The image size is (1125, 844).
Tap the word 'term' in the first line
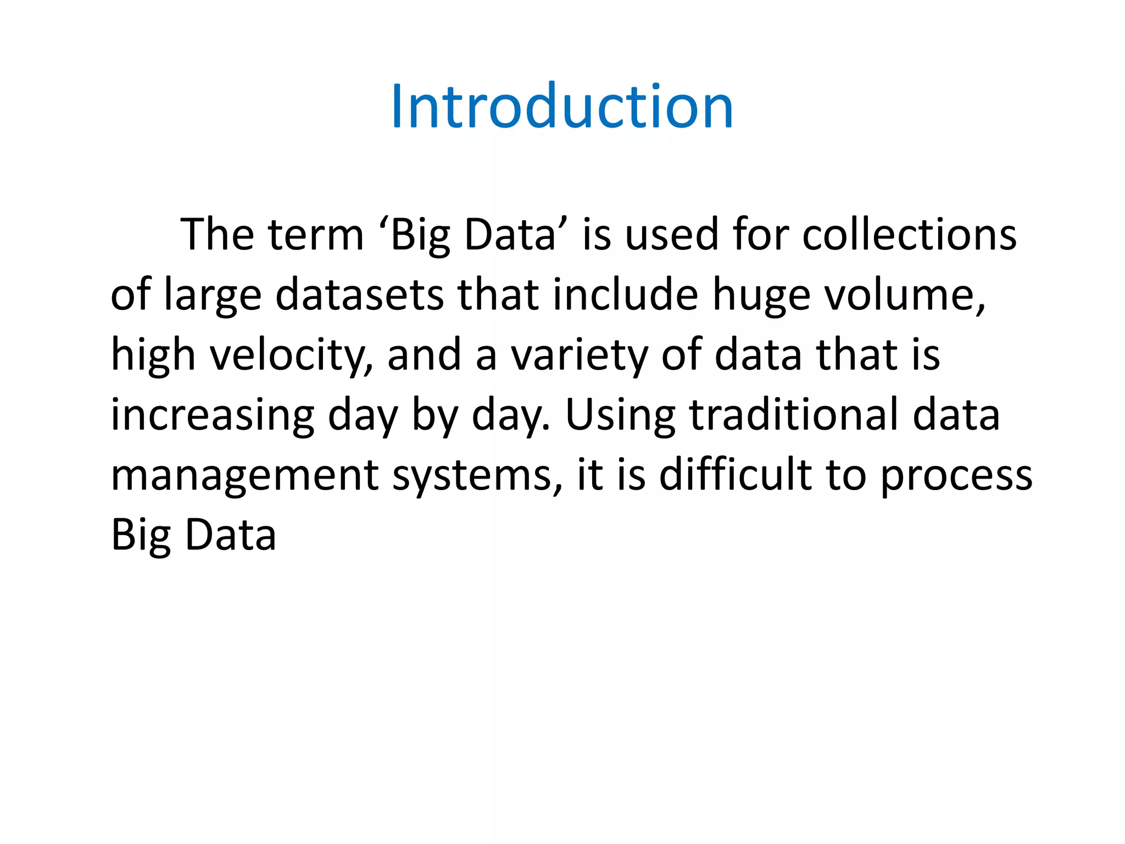click(316, 235)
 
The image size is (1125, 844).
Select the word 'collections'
click(909, 235)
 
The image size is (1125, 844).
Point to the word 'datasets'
click(359, 295)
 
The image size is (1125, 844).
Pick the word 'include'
click(625, 295)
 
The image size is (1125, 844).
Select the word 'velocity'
click(292, 356)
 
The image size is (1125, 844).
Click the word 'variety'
click(580, 356)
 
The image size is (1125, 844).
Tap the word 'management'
click(244, 476)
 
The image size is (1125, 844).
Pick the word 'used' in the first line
click(671, 235)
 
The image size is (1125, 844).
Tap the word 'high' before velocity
click(153, 356)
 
